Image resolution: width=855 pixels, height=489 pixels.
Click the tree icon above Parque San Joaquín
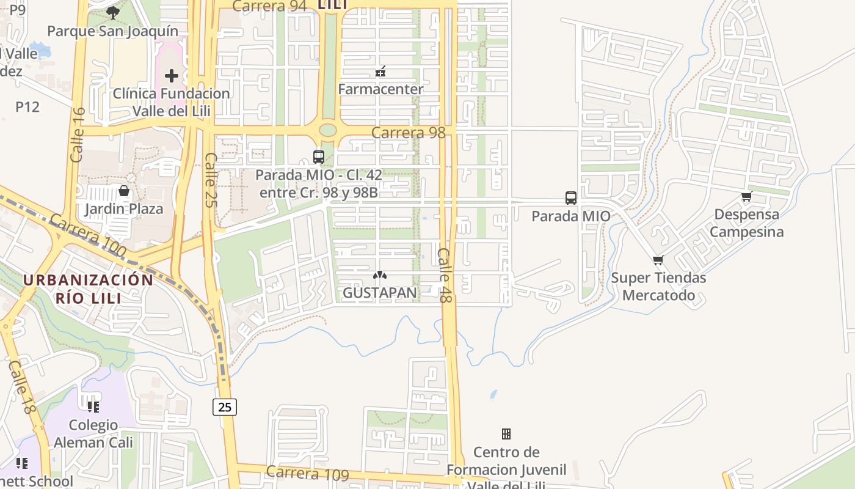point(112,12)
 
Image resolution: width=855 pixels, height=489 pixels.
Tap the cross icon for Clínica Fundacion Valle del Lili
point(172,76)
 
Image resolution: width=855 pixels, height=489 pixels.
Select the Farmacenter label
point(380,89)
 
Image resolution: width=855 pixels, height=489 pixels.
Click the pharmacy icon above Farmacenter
point(380,72)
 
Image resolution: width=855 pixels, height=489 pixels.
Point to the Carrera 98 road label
point(408,133)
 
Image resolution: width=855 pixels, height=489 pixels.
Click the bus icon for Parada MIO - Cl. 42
point(318,157)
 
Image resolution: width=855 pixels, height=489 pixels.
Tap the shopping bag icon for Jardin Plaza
point(124,191)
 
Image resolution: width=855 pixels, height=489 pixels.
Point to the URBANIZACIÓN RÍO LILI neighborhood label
point(89,289)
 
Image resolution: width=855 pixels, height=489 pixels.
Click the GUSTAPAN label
point(380,293)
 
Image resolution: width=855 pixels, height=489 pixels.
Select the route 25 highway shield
point(225,406)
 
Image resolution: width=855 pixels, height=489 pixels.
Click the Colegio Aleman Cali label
point(93,433)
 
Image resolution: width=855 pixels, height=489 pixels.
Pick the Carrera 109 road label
point(307,474)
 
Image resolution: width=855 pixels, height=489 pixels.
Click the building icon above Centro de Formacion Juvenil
point(506,434)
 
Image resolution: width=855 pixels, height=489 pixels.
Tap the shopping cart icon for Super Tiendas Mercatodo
point(658,260)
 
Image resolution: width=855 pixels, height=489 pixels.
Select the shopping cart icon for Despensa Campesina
point(746,197)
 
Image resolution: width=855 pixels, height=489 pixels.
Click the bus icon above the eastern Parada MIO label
point(571,198)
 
